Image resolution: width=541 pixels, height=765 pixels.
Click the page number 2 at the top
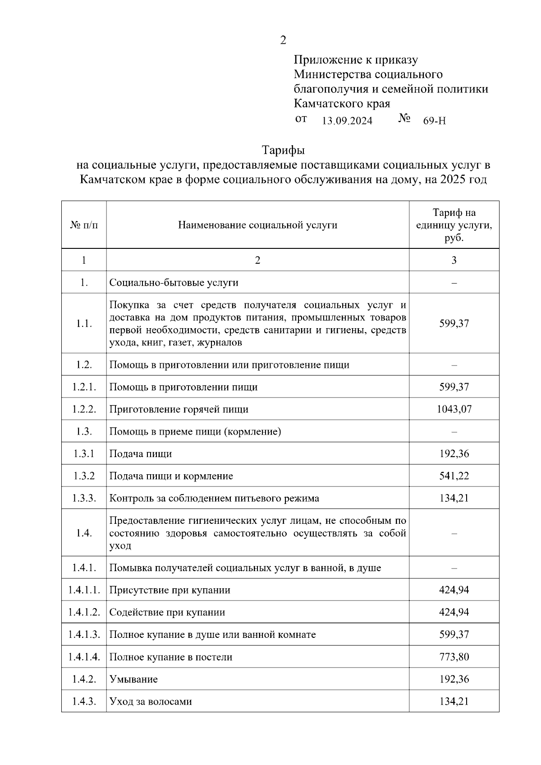pos(283,40)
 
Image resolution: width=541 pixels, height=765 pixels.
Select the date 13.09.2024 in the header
pos(347,121)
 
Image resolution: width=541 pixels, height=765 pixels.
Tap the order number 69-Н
pos(435,121)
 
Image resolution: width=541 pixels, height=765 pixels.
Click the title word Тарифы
pos(283,149)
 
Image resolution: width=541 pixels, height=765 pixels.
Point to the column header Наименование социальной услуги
pos(257,225)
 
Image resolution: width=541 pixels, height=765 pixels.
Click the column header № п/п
pos(84,225)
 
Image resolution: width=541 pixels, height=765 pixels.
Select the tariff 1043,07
pos(454,409)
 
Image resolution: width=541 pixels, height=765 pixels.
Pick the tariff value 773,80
pos(454,657)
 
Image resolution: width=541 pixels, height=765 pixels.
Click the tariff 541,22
pos(454,476)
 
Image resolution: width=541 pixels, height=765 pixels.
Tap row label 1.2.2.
pos(84,409)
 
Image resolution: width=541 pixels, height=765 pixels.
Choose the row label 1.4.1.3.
pos(84,635)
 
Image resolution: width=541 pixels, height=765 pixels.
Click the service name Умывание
pos(133,679)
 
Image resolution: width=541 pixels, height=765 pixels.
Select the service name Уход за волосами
pos(151,701)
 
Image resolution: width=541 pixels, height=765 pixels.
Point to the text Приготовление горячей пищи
pos(179,409)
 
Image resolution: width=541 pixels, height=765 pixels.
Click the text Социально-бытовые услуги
pos(174,283)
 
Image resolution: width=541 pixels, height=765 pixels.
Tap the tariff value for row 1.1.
pos(454,324)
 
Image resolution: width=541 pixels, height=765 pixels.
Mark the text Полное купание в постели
pos(171,657)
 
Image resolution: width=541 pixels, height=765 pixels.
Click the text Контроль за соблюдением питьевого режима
pos(214,498)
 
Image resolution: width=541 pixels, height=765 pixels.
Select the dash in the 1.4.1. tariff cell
pos(454,568)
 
